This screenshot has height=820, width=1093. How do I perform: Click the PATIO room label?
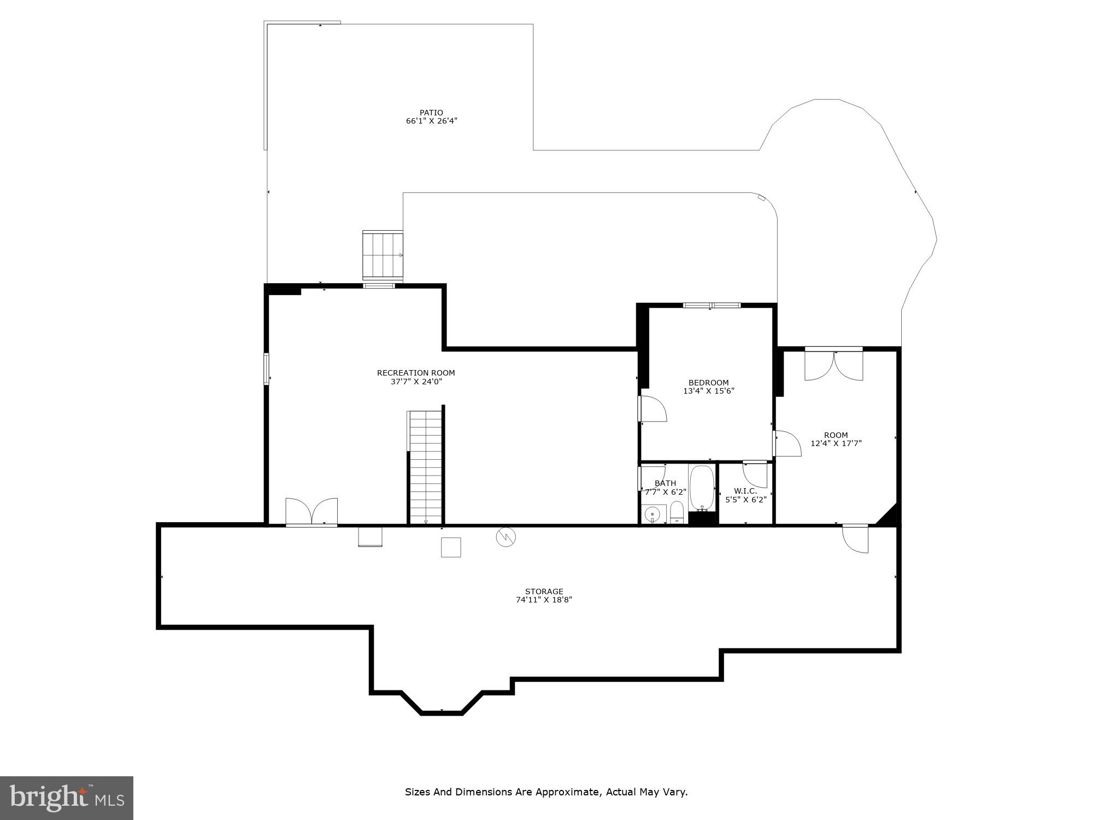pos(431,113)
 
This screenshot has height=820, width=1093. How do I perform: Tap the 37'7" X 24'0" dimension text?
pos(416,382)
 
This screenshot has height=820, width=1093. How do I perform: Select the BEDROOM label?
pos(708,383)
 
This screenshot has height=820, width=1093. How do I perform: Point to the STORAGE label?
pos(544,591)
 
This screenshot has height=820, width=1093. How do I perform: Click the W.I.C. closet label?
pos(745,491)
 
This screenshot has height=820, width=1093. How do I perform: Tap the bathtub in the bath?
pos(702,488)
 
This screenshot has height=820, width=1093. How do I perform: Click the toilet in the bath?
pos(677,512)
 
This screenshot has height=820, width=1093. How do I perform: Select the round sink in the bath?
pos(652,515)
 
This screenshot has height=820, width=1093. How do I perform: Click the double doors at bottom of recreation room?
pos(312,512)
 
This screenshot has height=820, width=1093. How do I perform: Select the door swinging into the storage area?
pos(855,538)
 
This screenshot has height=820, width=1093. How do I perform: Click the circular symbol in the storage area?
pos(506,537)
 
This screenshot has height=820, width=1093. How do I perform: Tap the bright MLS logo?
pos(66,798)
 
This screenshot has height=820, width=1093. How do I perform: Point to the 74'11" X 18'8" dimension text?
pos(544,600)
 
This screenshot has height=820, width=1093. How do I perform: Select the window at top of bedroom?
pos(712,305)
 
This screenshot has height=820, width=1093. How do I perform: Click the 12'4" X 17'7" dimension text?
pos(836,444)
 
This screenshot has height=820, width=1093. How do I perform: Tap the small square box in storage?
pos(450,547)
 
